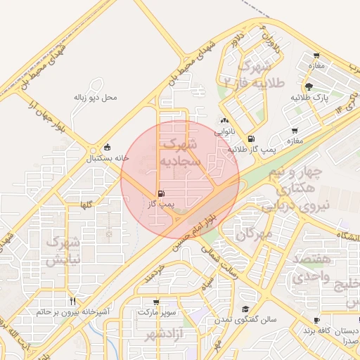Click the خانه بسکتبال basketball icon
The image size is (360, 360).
107,148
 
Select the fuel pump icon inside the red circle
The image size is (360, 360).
162,193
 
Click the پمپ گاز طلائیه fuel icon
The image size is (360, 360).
252,139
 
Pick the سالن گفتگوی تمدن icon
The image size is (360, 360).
246,309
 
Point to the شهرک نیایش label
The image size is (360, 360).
63,250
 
